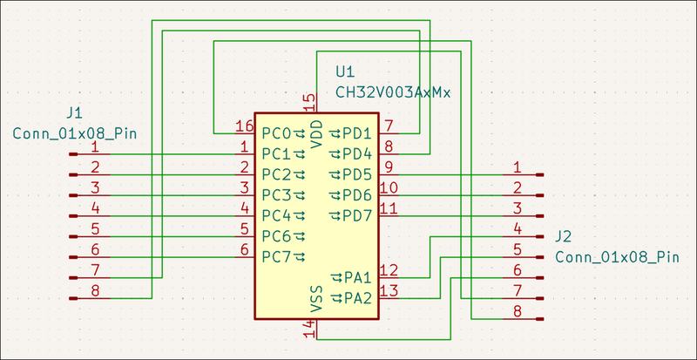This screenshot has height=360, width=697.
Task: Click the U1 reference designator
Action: coord(346,71)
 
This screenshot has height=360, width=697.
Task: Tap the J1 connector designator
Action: coord(75,112)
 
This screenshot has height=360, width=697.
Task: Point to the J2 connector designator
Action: coord(564,236)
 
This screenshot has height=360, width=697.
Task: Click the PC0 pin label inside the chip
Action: coord(276,133)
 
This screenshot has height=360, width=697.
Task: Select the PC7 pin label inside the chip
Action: coord(276,256)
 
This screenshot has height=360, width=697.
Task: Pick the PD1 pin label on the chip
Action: coord(357,133)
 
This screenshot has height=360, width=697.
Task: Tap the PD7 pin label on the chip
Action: coord(357,215)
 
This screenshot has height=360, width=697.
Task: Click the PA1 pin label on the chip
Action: coord(357,278)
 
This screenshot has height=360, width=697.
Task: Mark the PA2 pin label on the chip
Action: coord(357,299)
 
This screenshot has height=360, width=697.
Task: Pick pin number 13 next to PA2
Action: coord(389,291)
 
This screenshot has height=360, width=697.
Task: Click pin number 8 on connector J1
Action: coord(95,290)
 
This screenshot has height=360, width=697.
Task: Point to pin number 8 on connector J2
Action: coord(517,311)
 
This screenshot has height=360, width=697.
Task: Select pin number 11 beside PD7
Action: coord(389,208)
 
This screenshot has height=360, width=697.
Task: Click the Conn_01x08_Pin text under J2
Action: coord(617,257)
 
